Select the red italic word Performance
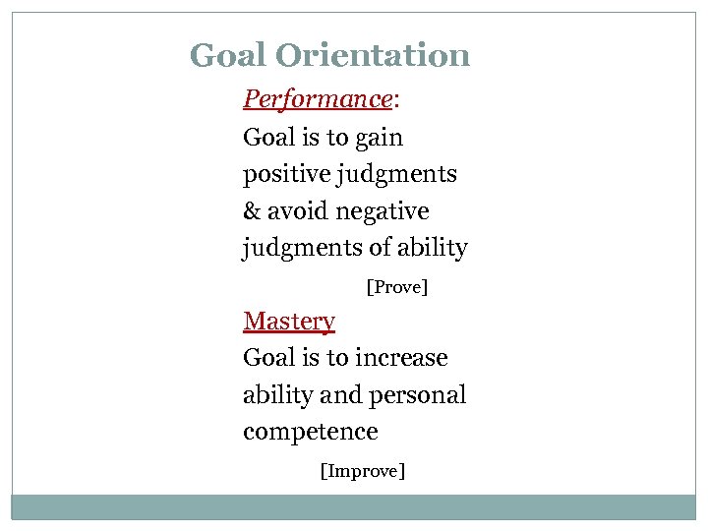point(318,99)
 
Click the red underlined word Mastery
point(289,322)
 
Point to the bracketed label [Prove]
point(397,287)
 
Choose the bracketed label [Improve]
point(363,471)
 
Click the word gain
point(379,138)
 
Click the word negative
point(383,211)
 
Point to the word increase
point(402,358)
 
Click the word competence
point(311,432)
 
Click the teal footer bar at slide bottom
point(354,506)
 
